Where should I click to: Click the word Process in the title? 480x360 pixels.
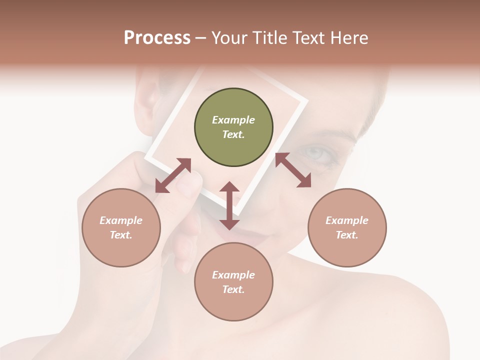click(157, 38)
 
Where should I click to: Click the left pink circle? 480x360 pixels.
click(121, 250)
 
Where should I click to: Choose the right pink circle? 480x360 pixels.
click(347, 250)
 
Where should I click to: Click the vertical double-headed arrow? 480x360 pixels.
click(229, 205)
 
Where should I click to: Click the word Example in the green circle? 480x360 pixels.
click(233, 120)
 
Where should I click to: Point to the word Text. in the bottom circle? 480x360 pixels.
click(233, 289)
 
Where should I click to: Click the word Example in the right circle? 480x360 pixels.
click(347, 220)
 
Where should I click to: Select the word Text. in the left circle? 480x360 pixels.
click(121, 235)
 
